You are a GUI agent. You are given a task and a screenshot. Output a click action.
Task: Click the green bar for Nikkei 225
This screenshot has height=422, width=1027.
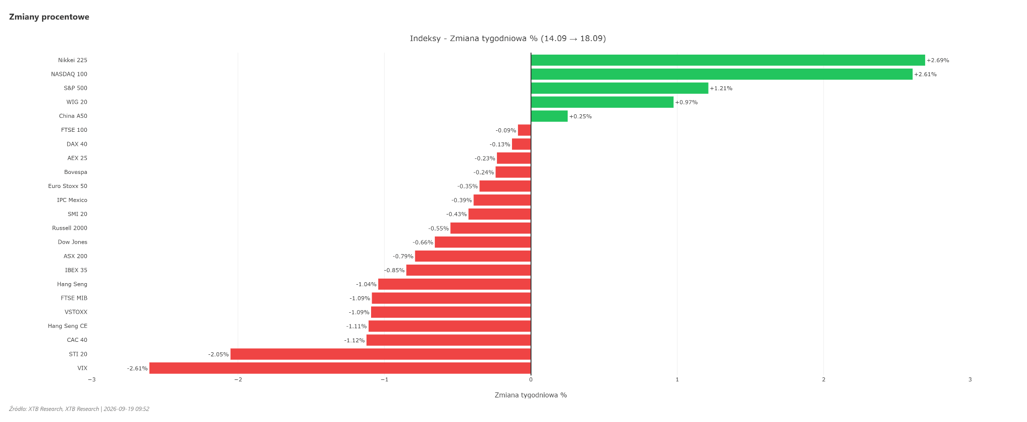pos(728,60)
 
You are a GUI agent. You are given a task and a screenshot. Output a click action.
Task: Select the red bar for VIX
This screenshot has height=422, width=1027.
pos(340,368)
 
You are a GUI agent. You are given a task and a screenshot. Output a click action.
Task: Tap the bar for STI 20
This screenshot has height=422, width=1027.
pos(381,354)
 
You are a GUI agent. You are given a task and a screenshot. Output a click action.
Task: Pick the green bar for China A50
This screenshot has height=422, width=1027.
pos(549,116)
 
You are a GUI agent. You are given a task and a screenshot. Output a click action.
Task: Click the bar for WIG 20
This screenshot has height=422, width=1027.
pos(602,102)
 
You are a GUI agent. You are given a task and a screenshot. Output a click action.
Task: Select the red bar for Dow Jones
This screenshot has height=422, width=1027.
pos(483,242)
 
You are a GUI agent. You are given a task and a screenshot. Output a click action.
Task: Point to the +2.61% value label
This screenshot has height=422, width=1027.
pos(925,75)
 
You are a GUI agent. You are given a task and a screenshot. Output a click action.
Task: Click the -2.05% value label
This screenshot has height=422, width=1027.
pos(219,354)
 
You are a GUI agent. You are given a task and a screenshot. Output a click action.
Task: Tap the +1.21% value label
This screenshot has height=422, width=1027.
pos(721,89)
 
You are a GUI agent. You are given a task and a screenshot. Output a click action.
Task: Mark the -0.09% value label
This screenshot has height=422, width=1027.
pos(506,130)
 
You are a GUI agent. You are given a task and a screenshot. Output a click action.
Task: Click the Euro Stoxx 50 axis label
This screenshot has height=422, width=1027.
pos(68,186)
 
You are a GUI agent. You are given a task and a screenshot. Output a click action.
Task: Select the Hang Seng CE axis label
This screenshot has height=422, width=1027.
pos(68,326)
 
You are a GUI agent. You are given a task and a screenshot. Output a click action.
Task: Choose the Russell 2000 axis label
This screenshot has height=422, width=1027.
pos(70,228)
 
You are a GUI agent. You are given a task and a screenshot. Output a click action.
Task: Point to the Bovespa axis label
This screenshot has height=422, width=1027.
pos(76,172)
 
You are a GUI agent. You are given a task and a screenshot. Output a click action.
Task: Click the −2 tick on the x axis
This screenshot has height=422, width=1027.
pos(238,380)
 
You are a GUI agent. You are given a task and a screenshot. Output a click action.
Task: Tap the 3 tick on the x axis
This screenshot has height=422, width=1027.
pos(970,380)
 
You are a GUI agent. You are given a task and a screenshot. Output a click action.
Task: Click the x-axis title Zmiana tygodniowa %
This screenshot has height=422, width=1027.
pos(531,395)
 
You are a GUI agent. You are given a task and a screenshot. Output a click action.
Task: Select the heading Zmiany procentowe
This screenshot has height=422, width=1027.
pos(49,17)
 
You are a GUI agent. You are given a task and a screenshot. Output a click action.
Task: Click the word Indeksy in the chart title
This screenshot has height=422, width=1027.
pos(425,39)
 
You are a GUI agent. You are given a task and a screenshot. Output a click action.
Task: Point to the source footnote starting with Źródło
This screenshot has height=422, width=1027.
pos(79,409)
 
